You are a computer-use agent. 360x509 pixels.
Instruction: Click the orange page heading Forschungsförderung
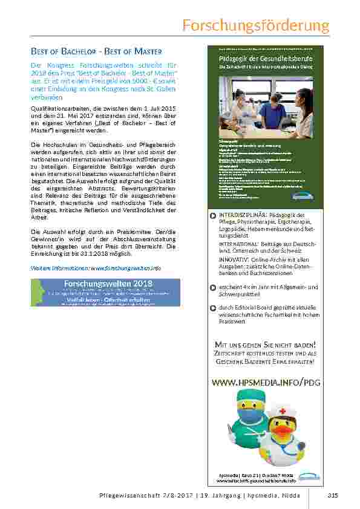click(256, 26)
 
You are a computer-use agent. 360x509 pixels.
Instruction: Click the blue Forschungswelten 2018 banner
click(105, 292)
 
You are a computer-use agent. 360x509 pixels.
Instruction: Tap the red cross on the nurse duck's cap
click(282, 412)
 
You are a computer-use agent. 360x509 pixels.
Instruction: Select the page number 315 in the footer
click(332, 496)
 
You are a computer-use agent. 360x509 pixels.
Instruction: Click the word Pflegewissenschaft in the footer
click(125, 496)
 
